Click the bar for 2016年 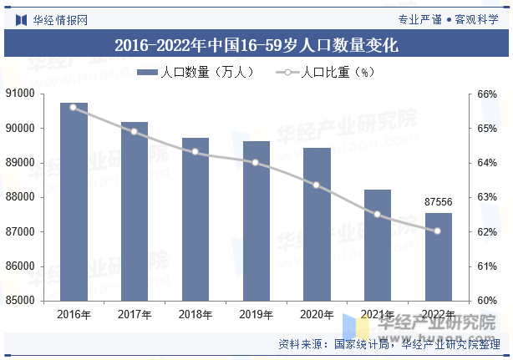pyautogui.click(x=74, y=201)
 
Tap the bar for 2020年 pyautogui.click(x=317, y=224)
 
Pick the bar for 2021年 pyautogui.click(x=378, y=245)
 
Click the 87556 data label pyautogui.click(x=439, y=202)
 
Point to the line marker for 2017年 pyautogui.click(x=135, y=131)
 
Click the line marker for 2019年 pyautogui.click(x=256, y=162)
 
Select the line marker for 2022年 pyautogui.click(x=438, y=231)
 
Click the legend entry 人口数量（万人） pyautogui.click(x=197, y=73)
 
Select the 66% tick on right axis pyautogui.click(x=487, y=94)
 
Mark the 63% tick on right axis pyautogui.click(x=487, y=198)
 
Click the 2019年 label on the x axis pyautogui.click(x=256, y=315)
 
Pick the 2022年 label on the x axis pyautogui.click(x=438, y=315)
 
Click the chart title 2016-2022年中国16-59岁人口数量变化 pyautogui.click(x=256, y=45)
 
